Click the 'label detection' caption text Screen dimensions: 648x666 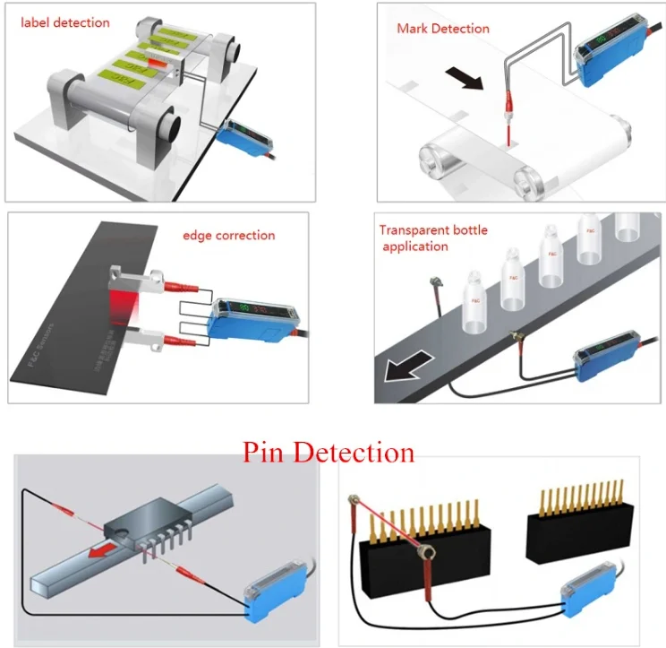[65, 22]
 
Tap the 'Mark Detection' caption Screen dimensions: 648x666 [443, 29]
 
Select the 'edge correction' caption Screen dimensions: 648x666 [228, 236]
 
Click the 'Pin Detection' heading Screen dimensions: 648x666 [329, 451]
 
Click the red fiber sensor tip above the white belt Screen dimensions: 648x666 [508, 120]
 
